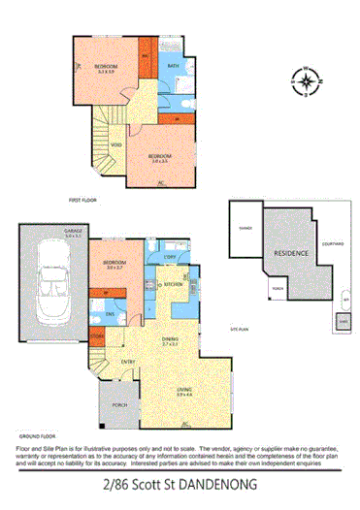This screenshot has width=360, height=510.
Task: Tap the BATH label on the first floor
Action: point(173,66)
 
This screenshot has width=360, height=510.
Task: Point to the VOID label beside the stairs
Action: point(116,145)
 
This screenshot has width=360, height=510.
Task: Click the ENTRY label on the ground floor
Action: point(127,363)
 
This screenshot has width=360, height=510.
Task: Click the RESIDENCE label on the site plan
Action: point(290,252)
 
